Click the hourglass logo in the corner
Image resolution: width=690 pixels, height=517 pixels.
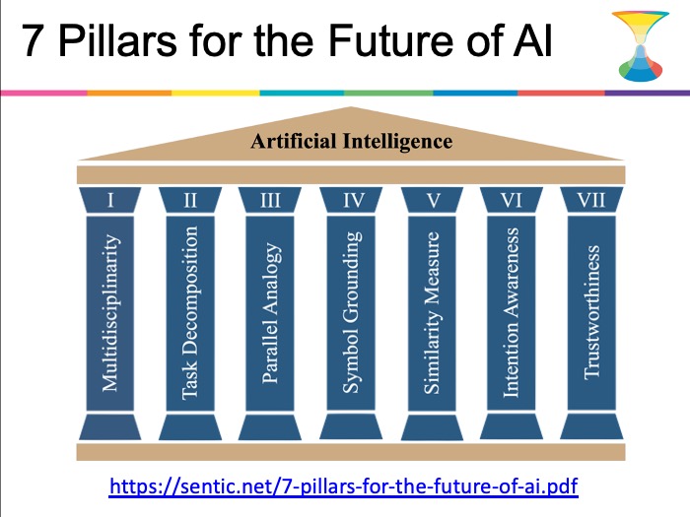[x=641, y=46]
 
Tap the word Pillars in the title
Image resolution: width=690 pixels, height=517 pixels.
[x=117, y=40]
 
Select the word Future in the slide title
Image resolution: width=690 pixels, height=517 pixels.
[x=390, y=40]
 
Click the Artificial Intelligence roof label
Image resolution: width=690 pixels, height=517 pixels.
[x=352, y=142]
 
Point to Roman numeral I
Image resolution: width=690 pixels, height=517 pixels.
[x=110, y=201]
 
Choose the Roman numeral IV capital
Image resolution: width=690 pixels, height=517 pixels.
[x=353, y=201]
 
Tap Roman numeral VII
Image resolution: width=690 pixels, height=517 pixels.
[x=591, y=201]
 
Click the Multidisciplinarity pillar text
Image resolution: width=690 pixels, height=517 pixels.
[x=110, y=312]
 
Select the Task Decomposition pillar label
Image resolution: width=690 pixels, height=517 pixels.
[x=190, y=312]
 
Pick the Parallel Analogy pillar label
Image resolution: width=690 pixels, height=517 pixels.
[x=270, y=312]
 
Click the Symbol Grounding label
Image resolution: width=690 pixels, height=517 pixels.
[x=351, y=312]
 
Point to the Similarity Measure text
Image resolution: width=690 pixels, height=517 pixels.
[x=432, y=312]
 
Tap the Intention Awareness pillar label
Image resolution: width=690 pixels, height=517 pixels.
[x=511, y=312]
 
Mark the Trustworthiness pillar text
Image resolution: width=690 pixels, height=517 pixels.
[x=591, y=312]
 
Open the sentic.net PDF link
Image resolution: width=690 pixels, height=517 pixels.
[x=343, y=486]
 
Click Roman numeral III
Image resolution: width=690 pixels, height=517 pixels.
[x=270, y=201]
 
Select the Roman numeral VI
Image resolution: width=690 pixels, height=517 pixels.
[x=511, y=201]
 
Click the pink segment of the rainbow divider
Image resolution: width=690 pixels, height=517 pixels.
[x=43, y=94]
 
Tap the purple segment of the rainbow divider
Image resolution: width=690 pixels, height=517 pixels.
[x=648, y=94]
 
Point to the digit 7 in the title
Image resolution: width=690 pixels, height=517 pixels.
[x=32, y=41]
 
